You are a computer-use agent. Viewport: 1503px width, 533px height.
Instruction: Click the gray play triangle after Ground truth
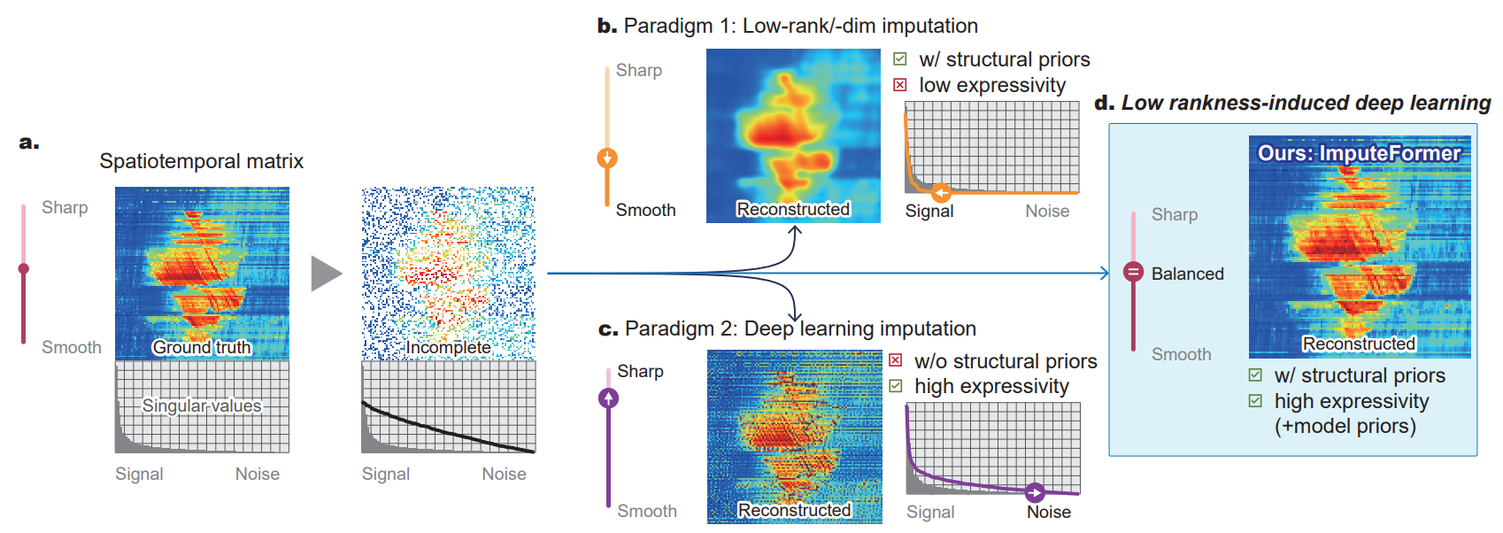tap(325, 274)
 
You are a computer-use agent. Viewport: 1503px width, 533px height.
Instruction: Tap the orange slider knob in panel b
tap(607, 158)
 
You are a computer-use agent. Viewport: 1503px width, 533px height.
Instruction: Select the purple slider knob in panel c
tap(608, 398)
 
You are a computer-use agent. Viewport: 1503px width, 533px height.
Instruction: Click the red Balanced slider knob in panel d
tap(1133, 273)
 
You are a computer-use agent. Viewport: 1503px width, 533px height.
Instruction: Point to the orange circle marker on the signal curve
tap(941, 192)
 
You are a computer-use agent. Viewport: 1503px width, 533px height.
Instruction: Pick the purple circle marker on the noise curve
tap(1035, 492)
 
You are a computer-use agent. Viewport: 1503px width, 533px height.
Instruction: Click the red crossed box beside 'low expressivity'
tap(900, 85)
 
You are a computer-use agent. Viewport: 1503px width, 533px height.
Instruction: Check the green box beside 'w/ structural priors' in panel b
tap(900, 59)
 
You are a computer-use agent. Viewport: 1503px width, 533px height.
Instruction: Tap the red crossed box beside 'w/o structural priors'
tap(896, 360)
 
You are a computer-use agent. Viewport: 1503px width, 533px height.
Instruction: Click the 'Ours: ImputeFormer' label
tap(1359, 153)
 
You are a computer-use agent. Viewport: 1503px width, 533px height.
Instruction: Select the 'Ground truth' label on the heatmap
tap(202, 347)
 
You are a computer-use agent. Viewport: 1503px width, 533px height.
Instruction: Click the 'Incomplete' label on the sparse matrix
tap(448, 347)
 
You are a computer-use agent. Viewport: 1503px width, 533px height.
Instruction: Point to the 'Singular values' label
tap(202, 406)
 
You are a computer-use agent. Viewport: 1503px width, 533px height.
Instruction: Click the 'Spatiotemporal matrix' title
tap(202, 161)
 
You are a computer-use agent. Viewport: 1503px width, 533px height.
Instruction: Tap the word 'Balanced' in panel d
tap(1187, 274)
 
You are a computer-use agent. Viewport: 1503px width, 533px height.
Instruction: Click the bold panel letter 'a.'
tap(29, 143)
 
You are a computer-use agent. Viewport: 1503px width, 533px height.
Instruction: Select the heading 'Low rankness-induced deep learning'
tap(1306, 103)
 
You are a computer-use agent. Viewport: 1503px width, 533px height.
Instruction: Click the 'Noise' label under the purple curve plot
tap(1048, 512)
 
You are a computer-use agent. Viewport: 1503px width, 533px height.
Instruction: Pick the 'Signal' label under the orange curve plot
tap(929, 211)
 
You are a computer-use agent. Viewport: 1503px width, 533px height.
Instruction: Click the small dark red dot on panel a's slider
tap(23, 268)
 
